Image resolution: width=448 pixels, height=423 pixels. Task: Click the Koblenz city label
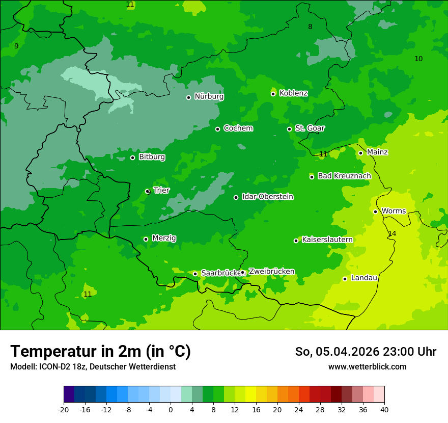click(x=293, y=93)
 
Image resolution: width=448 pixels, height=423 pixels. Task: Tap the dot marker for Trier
click(x=148, y=192)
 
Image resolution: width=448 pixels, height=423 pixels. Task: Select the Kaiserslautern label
click(x=327, y=240)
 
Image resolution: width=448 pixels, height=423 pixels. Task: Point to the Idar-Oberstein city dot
click(x=236, y=197)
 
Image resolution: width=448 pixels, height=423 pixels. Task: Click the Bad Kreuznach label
click(x=344, y=176)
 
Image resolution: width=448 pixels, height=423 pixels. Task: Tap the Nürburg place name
click(x=209, y=96)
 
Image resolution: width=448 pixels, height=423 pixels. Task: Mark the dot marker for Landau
click(x=345, y=279)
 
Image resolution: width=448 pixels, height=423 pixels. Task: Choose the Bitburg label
click(x=152, y=157)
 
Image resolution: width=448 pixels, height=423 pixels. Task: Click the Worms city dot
click(x=375, y=211)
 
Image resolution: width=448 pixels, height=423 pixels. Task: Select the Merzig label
click(x=164, y=238)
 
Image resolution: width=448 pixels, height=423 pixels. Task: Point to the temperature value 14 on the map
click(x=392, y=233)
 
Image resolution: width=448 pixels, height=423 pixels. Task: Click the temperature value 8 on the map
click(x=310, y=27)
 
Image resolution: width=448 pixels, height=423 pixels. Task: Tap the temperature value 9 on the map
click(x=16, y=46)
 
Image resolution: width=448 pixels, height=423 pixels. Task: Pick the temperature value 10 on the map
click(x=418, y=59)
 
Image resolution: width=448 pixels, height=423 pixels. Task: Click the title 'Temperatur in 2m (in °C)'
click(x=100, y=351)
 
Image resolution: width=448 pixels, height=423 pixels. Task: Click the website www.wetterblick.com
click(x=367, y=366)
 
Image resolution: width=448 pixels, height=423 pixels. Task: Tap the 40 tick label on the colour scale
click(x=384, y=410)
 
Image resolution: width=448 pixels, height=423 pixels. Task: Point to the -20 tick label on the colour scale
click(x=64, y=410)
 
